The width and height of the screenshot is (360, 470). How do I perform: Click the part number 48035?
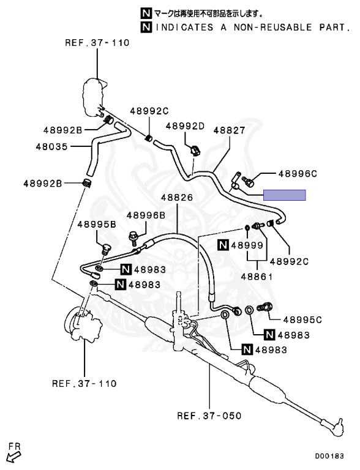51,147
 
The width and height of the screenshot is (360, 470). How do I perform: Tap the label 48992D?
185,126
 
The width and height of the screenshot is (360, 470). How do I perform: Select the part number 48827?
230,130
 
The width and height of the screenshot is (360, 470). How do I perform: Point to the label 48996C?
298,174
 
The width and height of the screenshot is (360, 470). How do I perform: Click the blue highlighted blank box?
285,195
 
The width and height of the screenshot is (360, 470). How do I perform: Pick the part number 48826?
177,198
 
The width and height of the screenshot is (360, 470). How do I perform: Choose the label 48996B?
146,215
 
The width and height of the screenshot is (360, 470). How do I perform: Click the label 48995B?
97,224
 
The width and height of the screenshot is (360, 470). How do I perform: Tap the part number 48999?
247,245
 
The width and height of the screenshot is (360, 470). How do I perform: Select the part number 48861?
257,277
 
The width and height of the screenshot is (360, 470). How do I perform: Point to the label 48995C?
302,320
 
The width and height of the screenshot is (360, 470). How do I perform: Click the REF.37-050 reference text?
209,416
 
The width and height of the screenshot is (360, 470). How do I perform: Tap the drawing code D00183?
329,456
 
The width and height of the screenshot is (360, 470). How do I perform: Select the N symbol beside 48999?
223,245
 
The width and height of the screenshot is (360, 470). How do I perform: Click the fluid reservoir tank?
94,97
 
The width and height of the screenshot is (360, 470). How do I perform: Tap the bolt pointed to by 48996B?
133,236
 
